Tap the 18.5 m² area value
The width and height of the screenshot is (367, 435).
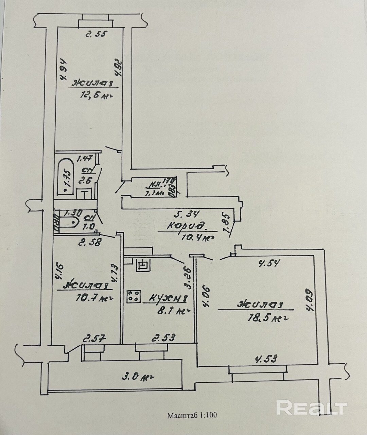click(268, 318)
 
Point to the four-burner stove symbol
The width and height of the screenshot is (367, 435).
click(134, 296)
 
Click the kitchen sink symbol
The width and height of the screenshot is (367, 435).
click(143, 265)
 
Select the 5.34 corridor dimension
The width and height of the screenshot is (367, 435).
click(186, 214)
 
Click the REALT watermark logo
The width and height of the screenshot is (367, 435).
click(312, 407)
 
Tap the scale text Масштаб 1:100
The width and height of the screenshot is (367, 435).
click(192, 415)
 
